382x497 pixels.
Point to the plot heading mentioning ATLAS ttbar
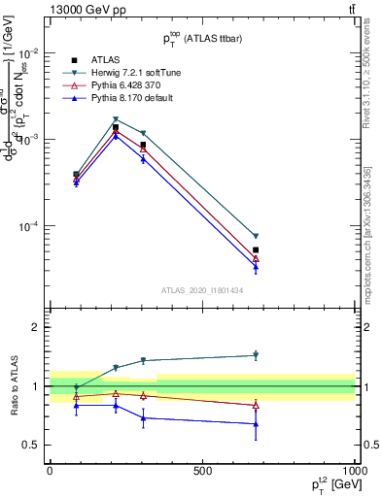pos(202,38)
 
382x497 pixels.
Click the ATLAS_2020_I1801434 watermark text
pos(202,290)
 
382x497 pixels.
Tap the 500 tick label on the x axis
pos(202,471)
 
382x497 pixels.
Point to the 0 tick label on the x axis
pos(50,471)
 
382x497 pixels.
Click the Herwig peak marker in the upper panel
pos(116,119)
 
